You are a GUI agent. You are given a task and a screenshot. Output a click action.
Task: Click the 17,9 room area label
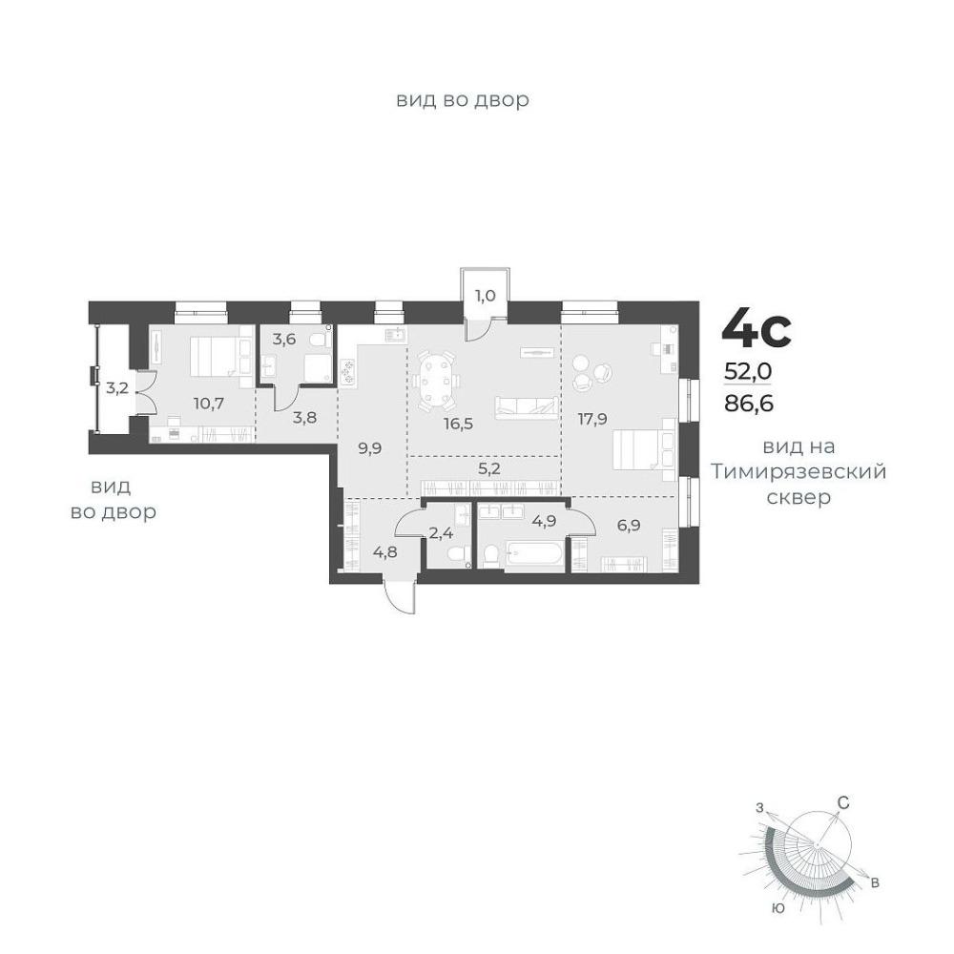[592, 419]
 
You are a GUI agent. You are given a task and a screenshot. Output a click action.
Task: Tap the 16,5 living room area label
[458, 424]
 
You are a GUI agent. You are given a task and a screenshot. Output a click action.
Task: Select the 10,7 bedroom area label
[209, 403]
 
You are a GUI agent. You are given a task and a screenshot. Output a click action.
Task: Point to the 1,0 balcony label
[485, 296]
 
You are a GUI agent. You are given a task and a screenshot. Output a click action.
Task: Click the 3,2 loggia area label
[116, 387]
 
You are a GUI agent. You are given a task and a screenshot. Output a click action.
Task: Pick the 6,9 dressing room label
[629, 525]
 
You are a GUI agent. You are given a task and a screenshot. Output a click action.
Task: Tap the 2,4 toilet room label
[442, 533]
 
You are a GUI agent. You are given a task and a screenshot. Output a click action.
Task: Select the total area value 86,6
[749, 403]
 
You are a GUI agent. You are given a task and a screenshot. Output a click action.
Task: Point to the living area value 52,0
[748, 370]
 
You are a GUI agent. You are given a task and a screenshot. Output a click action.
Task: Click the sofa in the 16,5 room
[527, 407]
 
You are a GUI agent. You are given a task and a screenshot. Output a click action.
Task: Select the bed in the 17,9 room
[644, 450]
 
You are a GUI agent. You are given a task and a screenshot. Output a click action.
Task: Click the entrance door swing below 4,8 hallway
[399, 599]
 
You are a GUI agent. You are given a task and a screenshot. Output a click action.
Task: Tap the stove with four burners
[348, 371]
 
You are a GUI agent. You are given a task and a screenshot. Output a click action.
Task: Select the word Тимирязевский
[798, 472]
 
